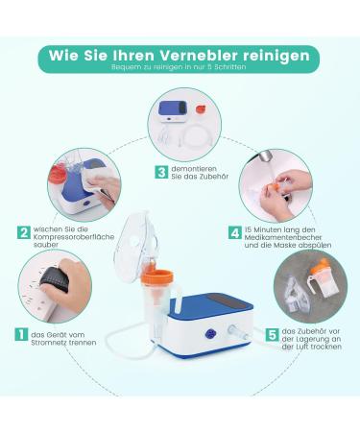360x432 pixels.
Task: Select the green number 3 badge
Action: coord(162,173)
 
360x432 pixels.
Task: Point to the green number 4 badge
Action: coord(234,232)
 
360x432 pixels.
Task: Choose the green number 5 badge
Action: coord(273,336)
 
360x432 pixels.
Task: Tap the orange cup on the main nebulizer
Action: coord(155,282)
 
